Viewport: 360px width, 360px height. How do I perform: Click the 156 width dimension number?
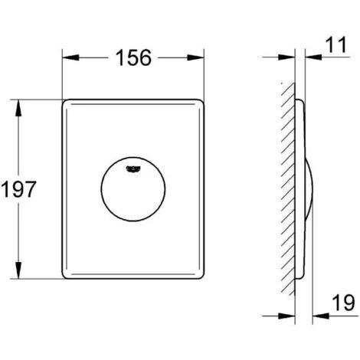coord(133,57)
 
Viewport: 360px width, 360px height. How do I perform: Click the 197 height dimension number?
coord(18,189)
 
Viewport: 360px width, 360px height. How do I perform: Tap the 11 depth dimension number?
coord(337,44)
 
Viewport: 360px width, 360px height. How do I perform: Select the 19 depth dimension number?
coord(343,303)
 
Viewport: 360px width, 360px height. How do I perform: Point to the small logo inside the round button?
coord(133,169)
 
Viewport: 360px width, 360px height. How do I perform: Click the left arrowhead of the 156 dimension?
coord(70,57)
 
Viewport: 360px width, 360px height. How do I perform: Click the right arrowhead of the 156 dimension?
coord(196,57)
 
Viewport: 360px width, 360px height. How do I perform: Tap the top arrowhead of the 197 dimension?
coord(18,107)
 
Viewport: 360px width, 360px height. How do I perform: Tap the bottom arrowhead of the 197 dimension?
coord(18,270)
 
